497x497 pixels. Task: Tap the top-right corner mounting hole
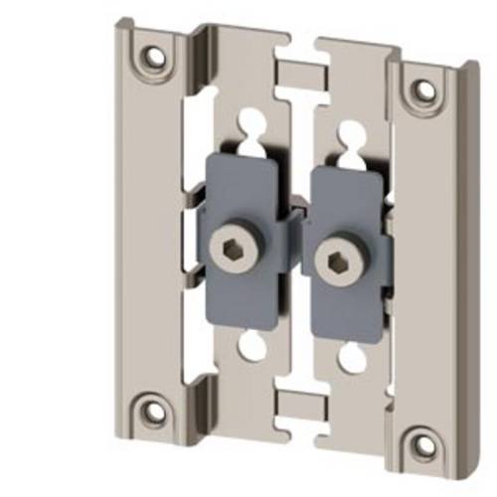pos(425,88)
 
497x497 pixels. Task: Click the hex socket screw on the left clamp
pos(243,248)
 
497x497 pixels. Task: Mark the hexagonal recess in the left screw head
pos(243,248)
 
